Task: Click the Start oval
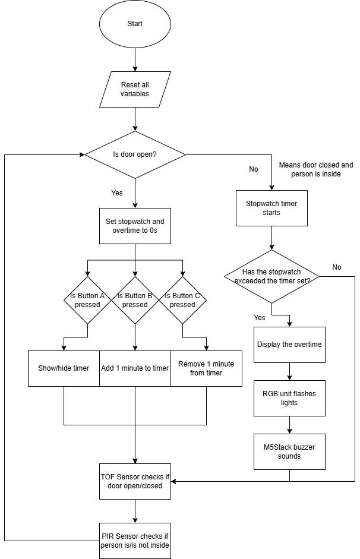(x=135, y=24)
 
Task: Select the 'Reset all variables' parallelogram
(x=135, y=89)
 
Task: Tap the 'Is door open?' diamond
(x=135, y=154)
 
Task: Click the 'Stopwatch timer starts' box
(x=271, y=208)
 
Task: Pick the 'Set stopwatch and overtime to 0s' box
(x=135, y=226)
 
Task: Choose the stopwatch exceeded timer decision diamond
(x=271, y=277)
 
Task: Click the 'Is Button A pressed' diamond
(x=88, y=300)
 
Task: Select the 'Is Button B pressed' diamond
(x=135, y=300)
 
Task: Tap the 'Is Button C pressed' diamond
(x=182, y=300)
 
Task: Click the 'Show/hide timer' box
(x=64, y=368)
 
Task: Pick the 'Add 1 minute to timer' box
(x=135, y=368)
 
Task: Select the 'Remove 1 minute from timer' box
(x=206, y=368)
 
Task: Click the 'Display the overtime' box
(x=289, y=345)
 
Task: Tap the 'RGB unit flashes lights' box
(x=289, y=398)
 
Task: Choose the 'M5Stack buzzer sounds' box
(x=289, y=451)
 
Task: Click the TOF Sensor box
(x=135, y=481)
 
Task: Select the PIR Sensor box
(x=135, y=541)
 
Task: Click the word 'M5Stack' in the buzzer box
(x=276, y=447)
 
